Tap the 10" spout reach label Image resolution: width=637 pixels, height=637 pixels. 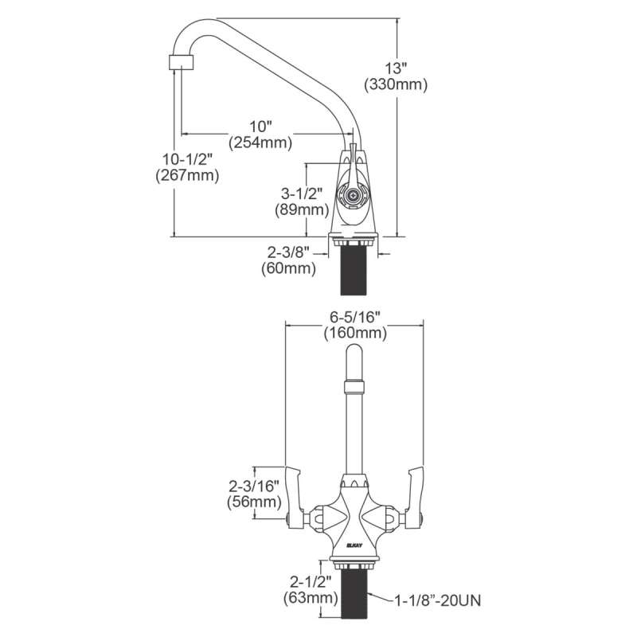click(x=260, y=125)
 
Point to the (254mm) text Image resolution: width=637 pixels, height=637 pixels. click(x=260, y=143)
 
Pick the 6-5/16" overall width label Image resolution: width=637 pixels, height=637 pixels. click(x=355, y=316)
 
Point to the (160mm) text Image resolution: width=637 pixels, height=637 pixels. click(x=355, y=334)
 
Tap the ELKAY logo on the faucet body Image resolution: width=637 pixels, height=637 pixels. click(x=354, y=543)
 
